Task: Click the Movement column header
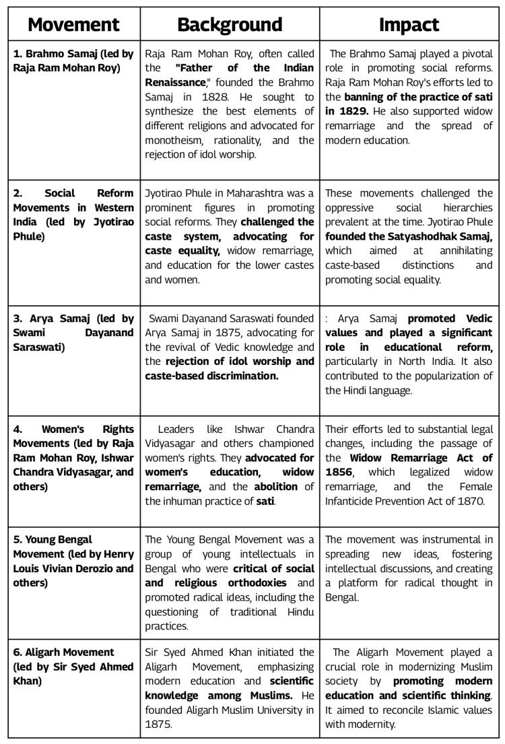(73, 25)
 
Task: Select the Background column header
(230, 25)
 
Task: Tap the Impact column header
(409, 25)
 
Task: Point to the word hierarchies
(465, 207)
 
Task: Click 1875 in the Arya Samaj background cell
(226, 333)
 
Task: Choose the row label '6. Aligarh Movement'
(64, 652)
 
